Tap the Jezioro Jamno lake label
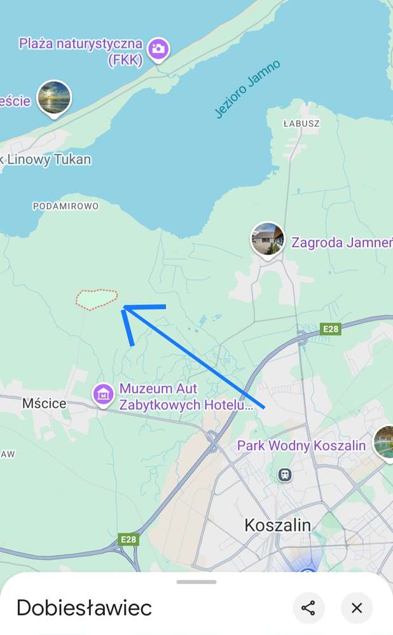(x=247, y=89)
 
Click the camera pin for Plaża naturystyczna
(x=158, y=48)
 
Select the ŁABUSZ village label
(x=301, y=123)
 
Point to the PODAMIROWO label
(x=65, y=206)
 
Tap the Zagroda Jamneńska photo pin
(x=267, y=238)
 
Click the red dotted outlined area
(x=97, y=299)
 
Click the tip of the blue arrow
(x=125, y=308)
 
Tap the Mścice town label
(x=44, y=403)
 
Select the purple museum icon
(x=103, y=395)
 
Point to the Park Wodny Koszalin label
(x=301, y=446)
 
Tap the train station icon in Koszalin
(x=285, y=474)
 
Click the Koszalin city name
(x=278, y=525)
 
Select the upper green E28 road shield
(x=331, y=329)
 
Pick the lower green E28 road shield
(x=129, y=540)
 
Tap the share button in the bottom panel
(x=308, y=608)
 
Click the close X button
(x=357, y=608)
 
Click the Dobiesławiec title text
(x=84, y=608)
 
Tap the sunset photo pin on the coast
(x=54, y=98)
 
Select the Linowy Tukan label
(x=48, y=160)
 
